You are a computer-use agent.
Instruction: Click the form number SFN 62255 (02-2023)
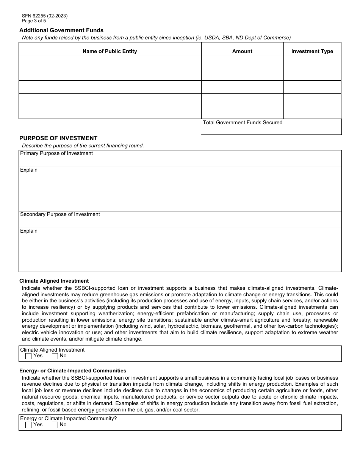point(45,16)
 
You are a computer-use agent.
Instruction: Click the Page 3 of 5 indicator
point(34,21)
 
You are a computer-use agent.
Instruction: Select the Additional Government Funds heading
point(61,30)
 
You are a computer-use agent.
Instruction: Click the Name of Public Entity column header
point(110,51)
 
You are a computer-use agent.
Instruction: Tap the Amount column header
point(242,51)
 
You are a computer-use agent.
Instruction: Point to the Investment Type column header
point(312,51)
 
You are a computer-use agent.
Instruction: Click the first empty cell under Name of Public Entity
point(110,62)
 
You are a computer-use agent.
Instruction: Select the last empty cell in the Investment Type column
point(312,113)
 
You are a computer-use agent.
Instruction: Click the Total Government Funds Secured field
point(271,129)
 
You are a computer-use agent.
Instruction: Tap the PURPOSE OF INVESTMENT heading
point(58,138)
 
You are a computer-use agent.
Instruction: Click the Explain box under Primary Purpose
point(180,191)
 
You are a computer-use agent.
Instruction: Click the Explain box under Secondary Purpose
point(180,252)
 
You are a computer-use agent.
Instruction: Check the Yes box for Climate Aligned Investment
point(28,356)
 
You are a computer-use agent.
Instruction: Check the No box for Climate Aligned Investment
point(55,356)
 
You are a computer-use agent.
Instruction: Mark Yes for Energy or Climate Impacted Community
point(28,425)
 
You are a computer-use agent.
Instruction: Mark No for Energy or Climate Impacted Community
point(55,425)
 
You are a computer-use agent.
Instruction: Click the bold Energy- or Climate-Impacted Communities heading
point(73,371)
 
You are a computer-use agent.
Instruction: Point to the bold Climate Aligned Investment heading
point(54,281)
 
